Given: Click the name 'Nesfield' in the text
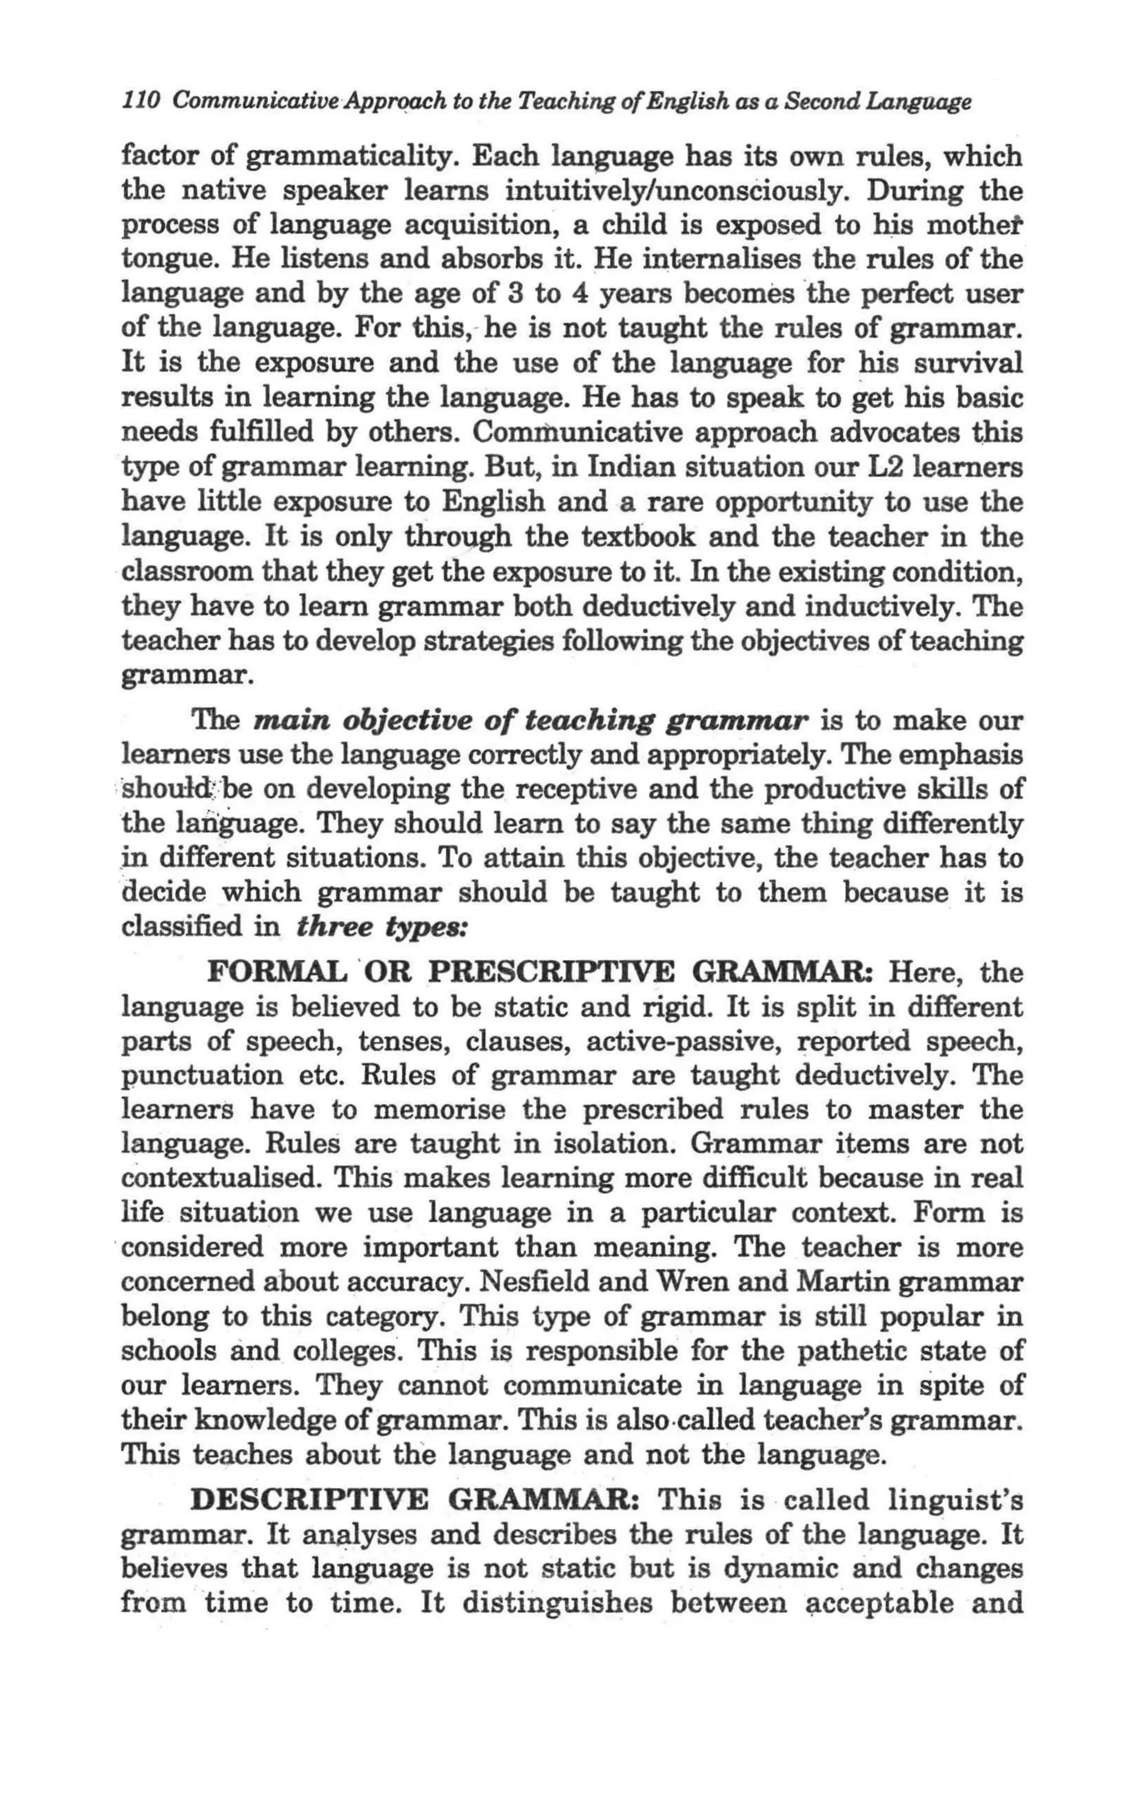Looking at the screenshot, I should point(535,1282).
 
